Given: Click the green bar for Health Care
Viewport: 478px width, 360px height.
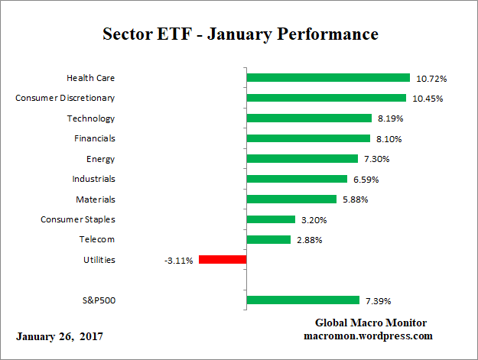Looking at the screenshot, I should tap(329, 78).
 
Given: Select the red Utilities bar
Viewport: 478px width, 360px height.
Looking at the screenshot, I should tap(223, 260).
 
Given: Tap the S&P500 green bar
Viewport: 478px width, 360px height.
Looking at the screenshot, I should tap(303, 300).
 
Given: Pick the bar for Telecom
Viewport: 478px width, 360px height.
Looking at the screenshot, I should tap(269, 239).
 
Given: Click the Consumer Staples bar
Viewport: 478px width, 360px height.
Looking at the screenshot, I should tap(272, 219).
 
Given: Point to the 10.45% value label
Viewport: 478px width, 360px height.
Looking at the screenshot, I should tap(427, 99).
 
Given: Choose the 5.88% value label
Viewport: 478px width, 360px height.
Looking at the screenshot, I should tap(356, 199).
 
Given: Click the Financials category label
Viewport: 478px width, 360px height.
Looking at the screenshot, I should tap(94, 138).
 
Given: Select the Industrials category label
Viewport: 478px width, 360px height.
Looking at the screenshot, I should tap(94, 179).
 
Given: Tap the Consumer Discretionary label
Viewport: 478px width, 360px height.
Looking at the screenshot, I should tap(65, 98).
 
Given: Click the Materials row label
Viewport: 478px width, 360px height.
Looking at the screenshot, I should tap(96, 199).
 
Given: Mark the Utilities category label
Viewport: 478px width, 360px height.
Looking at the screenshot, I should tap(99, 260).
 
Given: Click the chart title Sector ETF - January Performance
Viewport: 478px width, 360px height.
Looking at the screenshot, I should tap(240, 34).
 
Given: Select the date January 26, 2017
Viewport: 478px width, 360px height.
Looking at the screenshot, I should tap(59, 336).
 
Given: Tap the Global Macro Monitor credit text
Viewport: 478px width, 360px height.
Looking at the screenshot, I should tap(370, 323).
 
